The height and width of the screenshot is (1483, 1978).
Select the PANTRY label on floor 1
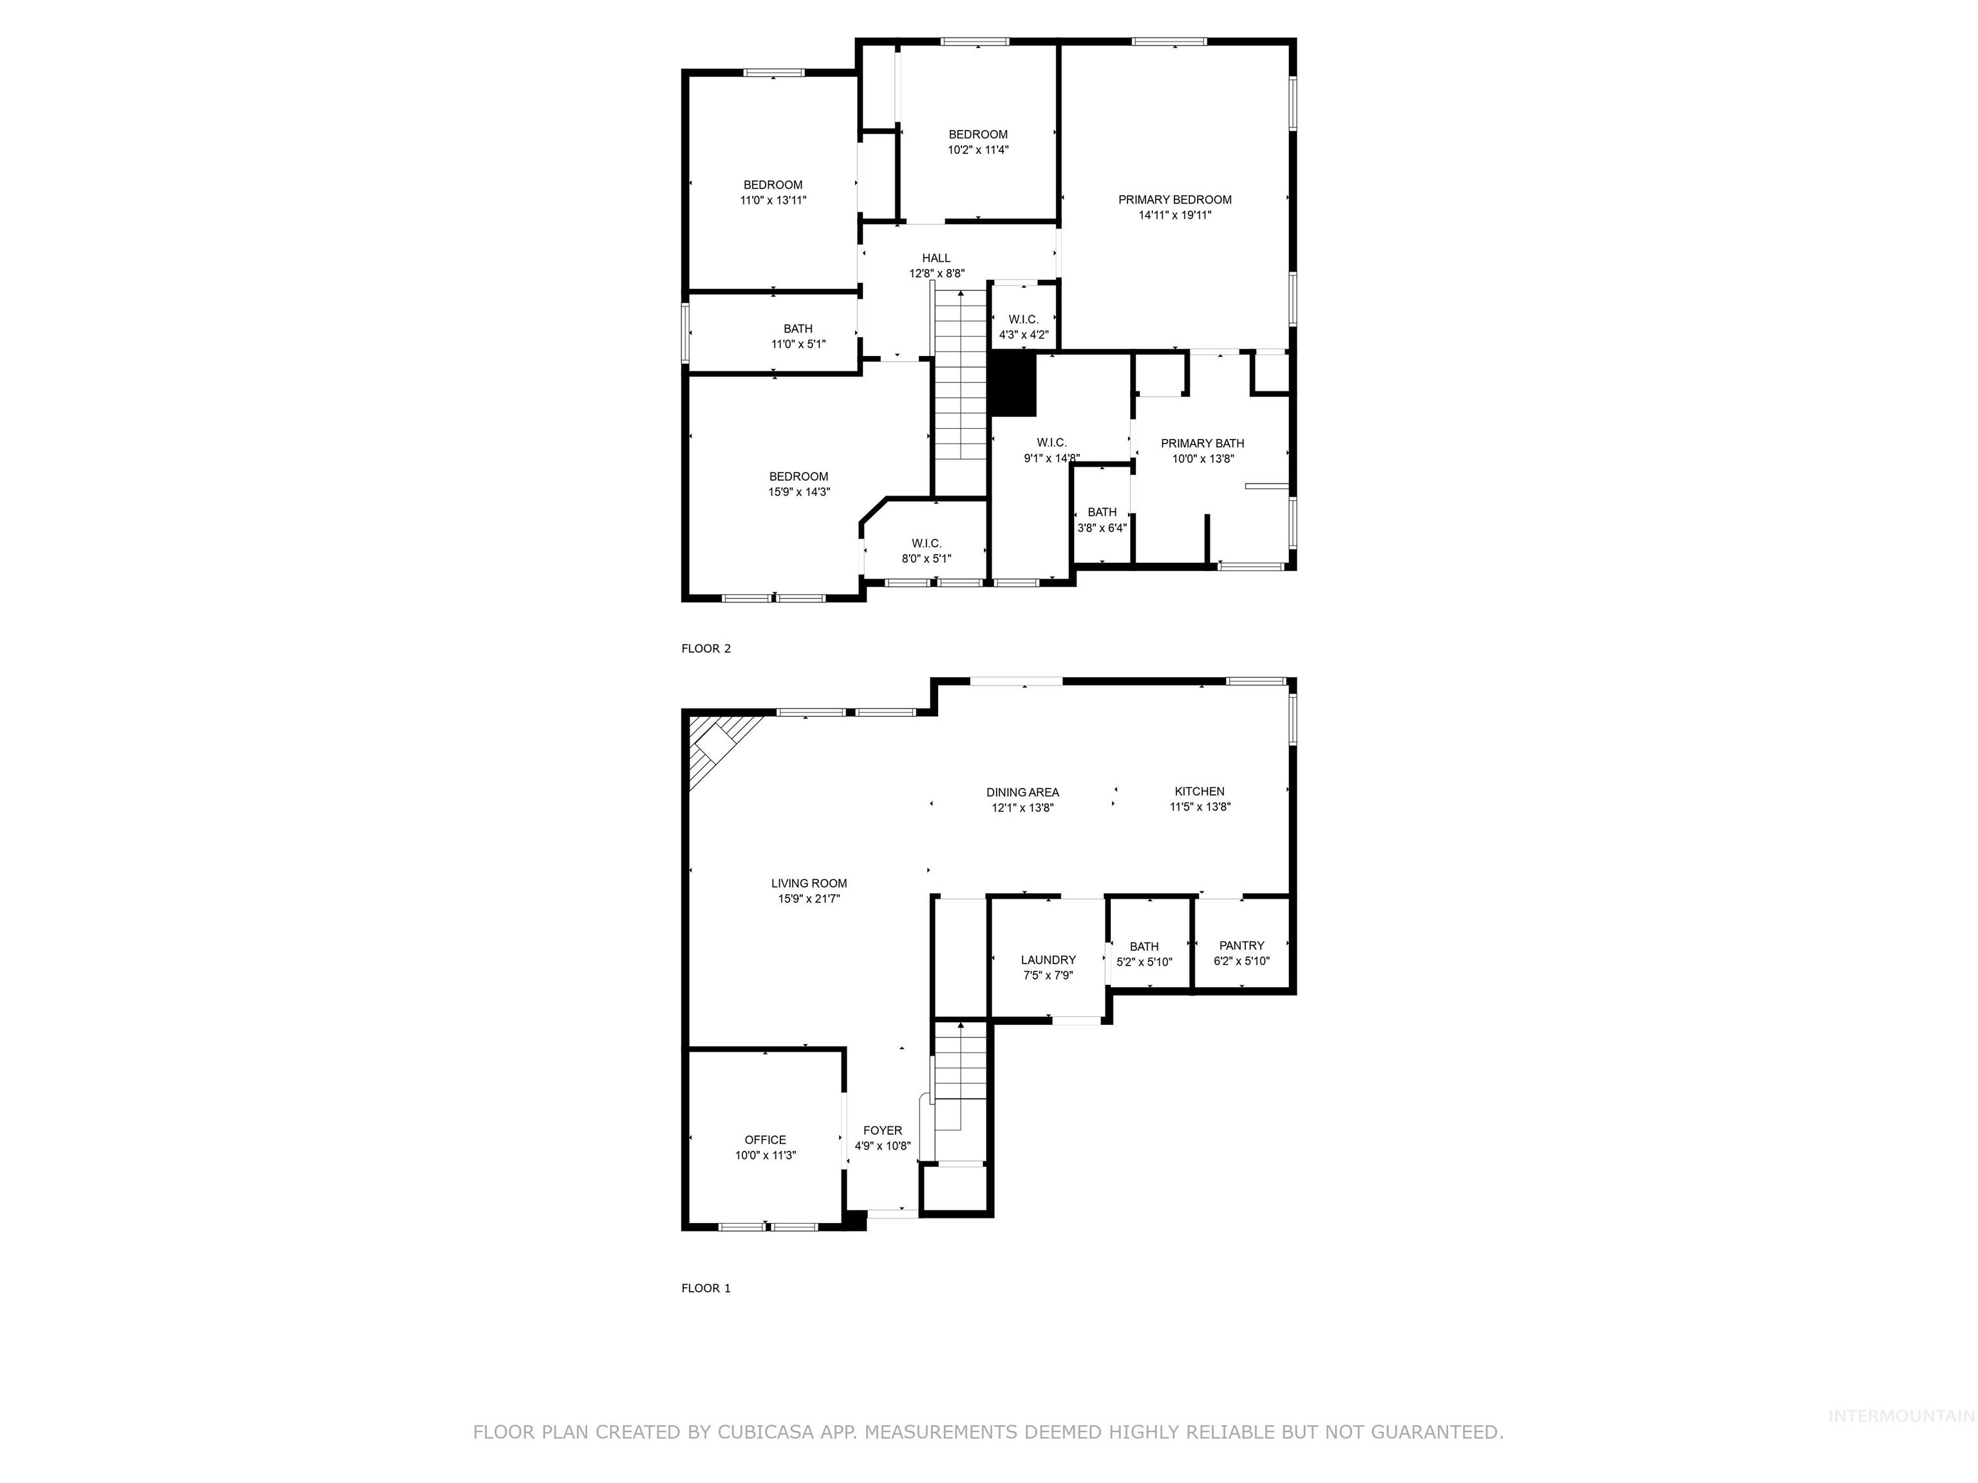coord(1241,945)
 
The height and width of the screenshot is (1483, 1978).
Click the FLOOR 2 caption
coord(706,648)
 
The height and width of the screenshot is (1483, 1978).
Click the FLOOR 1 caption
coord(706,1287)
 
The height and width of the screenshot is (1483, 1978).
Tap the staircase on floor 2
coord(961,375)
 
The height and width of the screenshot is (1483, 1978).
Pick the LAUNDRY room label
coord(1048,959)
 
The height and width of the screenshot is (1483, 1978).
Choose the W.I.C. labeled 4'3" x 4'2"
coord(1023,319)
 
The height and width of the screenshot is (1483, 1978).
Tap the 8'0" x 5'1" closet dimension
coord(927,559)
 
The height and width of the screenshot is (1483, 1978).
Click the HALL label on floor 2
coord(936,257)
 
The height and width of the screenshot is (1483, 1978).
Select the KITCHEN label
coord(1199,790)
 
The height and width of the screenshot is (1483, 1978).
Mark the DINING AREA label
coord(1022,791)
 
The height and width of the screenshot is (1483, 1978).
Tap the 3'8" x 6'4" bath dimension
coord(1102,527)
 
